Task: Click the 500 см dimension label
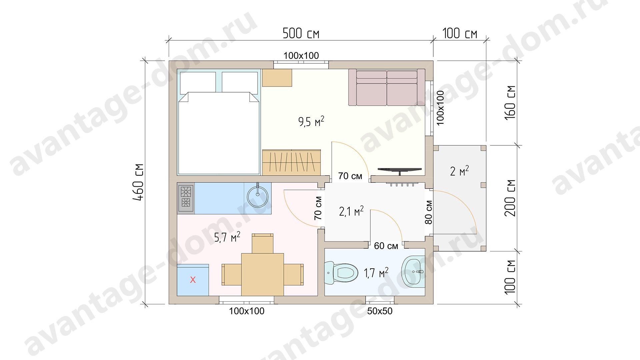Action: (x=301, y=33)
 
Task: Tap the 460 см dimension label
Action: (x=138, y=182)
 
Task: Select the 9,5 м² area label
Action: (x=311, y=121)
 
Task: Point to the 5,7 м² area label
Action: (x=227, y=237)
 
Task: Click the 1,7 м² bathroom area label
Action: (x=376, y=273)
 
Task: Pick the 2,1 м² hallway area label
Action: (x=351, y=211)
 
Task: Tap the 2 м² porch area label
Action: (x=459, y=171)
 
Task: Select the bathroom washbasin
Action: (x=413, y=272)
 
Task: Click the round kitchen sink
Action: (x=257, y=197)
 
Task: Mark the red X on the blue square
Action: (x=193, y=280)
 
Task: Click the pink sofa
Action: (x=387, y=87)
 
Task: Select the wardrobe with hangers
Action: (x=291, y=162)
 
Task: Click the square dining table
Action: (x=262, y=275)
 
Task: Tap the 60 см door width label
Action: (x=386, y=246)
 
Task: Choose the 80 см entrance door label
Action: (x=429, y=212)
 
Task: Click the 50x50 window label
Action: (x=380, y=311)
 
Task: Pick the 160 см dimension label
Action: (x=510, y=103)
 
